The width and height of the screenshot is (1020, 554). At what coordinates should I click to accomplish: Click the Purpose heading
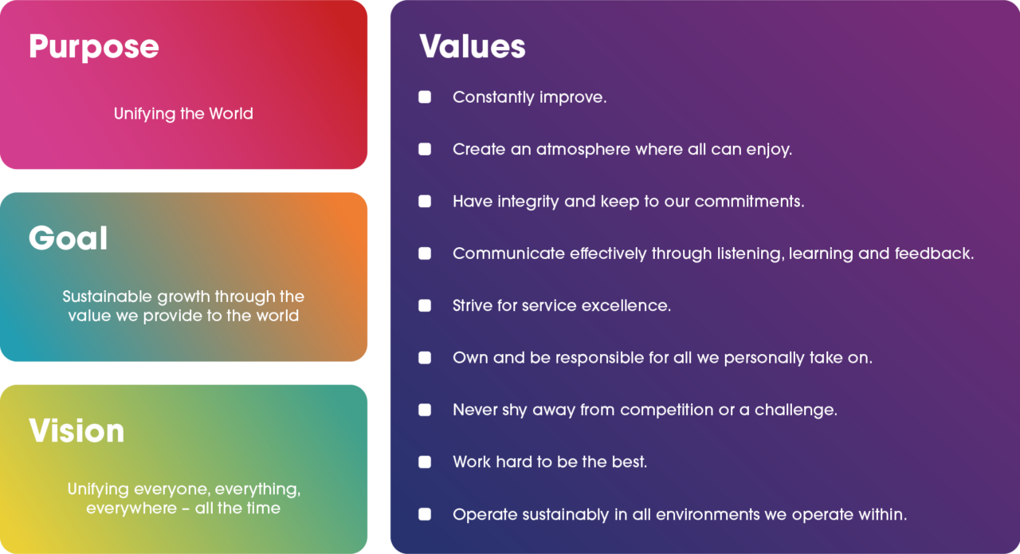[94, 47]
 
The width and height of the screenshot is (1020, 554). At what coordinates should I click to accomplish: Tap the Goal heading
[69, 238]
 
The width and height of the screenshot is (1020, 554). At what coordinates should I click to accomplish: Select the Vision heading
[76, 431]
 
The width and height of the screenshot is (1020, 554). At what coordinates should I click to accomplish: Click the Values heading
[473, 46]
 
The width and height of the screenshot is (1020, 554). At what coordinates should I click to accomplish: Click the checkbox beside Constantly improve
[425, 97]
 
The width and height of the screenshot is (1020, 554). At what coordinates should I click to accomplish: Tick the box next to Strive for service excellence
[425, 305]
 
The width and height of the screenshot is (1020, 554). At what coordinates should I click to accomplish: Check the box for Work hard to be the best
[425, 462]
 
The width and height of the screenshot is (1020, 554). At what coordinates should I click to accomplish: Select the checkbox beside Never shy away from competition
[425, 410]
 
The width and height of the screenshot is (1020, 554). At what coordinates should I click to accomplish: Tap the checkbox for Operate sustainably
[425, 514]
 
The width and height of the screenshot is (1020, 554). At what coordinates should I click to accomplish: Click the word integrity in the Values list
[528, 202]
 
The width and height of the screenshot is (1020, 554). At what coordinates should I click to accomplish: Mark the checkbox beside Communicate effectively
[425, 253]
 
